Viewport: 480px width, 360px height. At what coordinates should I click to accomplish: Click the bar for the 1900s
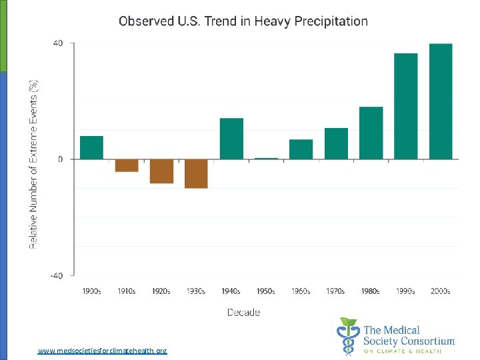tap(91, 147)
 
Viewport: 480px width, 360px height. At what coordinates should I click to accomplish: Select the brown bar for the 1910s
tap(127, 165)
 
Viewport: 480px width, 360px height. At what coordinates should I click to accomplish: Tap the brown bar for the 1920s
tap(161, 171)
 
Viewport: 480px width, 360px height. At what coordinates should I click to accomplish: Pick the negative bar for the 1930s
tap(196, 173)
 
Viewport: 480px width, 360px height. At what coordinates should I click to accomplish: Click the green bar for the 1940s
tap(231, 139)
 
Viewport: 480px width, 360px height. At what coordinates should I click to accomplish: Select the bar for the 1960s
tap(301, 149)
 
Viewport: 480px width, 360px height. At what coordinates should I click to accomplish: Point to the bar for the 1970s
tap(336, 143)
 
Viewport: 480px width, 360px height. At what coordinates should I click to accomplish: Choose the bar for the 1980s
tap(371, 133)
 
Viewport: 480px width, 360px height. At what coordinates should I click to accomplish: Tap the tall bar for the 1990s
tap(406, 106)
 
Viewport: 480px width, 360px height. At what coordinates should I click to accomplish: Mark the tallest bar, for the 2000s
tap(441, 101)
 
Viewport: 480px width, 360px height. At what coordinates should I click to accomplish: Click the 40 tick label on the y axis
tap(58, 43)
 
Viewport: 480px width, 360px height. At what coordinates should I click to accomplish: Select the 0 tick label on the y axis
tap(61, 159)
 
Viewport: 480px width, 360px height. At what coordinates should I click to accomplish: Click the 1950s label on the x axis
tap(266, 291)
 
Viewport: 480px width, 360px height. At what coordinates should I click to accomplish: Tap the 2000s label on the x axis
tap(441, 291)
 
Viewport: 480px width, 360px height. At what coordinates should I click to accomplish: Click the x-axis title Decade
tap(244, 312)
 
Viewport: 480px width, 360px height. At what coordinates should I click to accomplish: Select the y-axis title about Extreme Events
tap(33, 165)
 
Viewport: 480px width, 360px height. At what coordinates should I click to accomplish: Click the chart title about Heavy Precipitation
tap(243, 21)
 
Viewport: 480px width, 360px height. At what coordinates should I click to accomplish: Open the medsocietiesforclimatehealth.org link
tap(103, 350)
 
